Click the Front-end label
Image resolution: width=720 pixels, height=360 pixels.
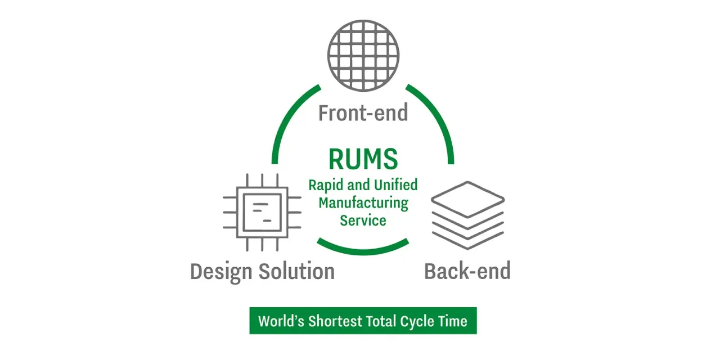click(363, 113)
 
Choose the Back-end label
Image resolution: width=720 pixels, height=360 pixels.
click(467, 271)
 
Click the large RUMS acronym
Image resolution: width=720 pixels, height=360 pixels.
click(363, 159)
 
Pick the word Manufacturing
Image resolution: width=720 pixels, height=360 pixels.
click(363, 202)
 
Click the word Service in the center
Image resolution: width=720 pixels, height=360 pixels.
click(363, 220)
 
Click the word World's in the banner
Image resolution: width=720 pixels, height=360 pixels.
click(280, 321)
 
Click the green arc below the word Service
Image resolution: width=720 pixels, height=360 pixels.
click(363, 247)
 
